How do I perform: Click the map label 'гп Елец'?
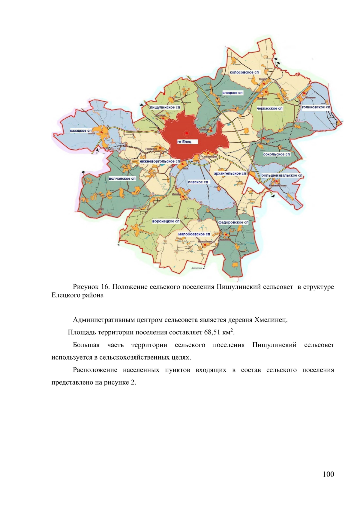[x=184, y=142]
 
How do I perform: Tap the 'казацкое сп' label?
[x=80, y=131]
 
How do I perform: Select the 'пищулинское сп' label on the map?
[x=165, y=107]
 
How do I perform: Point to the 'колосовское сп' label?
[x=244, y=72]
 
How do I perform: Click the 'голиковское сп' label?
[x=316, y=107]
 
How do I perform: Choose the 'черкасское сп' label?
[x=269, y=108]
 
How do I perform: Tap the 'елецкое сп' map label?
[x=232, y=93]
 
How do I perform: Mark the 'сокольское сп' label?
[x=277, y=154]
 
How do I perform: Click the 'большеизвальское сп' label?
[x=282, y=175]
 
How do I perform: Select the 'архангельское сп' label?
[x=230, y=173]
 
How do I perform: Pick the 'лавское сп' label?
[x=198, y=182]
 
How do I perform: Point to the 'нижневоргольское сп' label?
[x=160, y=161]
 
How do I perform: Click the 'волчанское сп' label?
[x=122, y=178]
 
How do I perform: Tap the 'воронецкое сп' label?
[x=166, y=221]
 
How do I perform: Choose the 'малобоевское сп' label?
[x=194, y=234]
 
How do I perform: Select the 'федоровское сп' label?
[x=233, y=222]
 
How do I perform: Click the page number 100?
[x=328, y=474]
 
